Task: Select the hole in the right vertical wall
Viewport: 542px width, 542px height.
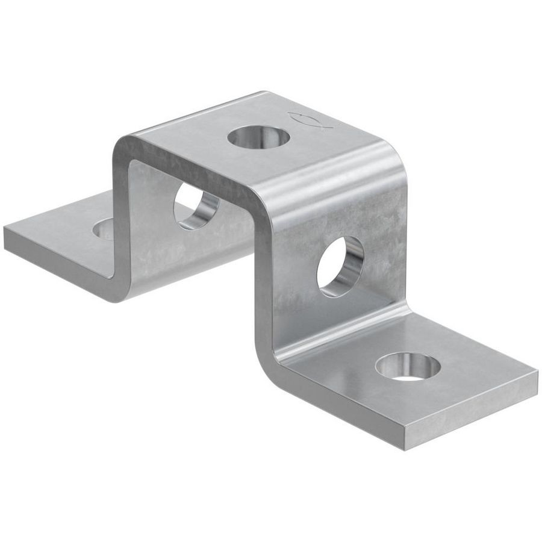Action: pyautogui.click(x=340, y=266)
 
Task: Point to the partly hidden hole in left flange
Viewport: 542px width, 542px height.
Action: pyautogui.click(x=104, y=229)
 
